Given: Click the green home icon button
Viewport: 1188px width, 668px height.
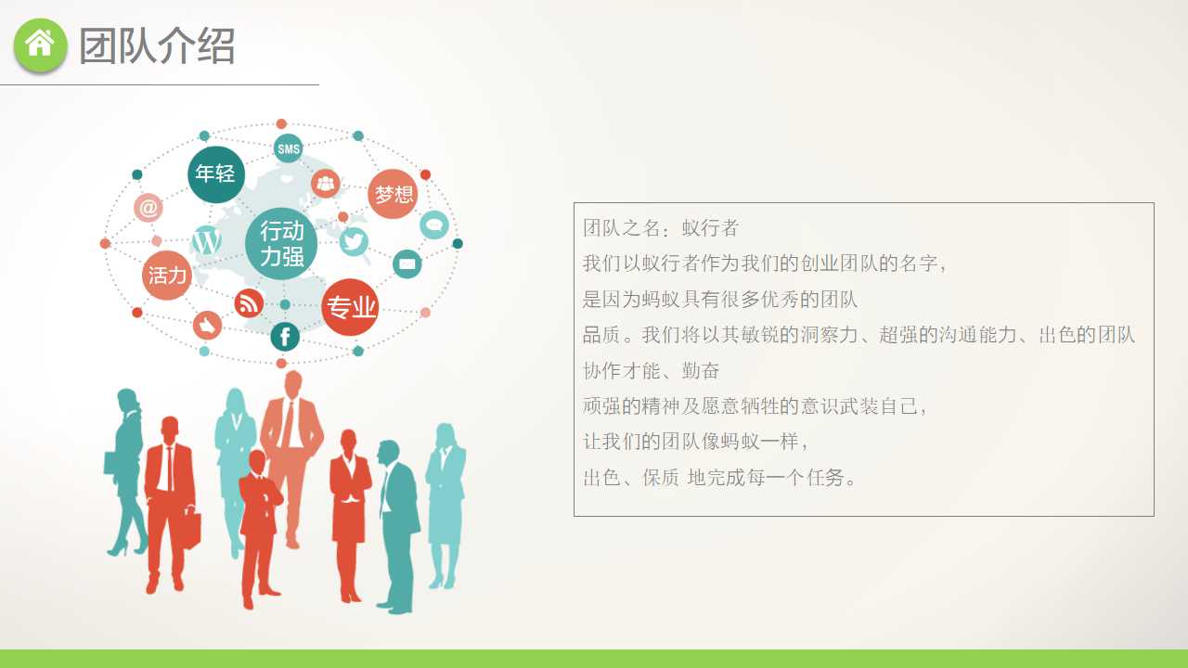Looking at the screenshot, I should pos(41,44).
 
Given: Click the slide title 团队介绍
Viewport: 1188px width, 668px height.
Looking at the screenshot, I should pos(157,45).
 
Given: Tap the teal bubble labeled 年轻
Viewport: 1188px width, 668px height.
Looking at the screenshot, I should pos(215,173).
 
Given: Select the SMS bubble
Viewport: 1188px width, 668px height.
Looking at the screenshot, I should pos(289,148).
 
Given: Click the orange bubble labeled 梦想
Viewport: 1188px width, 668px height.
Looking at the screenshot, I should pos(393,194).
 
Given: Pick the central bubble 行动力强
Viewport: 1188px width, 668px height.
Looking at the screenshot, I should pos(281,243).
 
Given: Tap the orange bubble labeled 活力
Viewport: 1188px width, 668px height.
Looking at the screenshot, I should pos(167,275).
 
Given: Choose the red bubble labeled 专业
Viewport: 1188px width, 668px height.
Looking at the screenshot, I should pos(351,307).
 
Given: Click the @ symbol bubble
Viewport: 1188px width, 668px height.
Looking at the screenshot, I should pos(148,208).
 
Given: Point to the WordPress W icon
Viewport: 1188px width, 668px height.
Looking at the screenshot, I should pos(206,241).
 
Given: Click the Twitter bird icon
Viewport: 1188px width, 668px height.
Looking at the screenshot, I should pos(354,241).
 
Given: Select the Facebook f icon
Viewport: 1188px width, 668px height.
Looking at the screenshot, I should pos(285,337).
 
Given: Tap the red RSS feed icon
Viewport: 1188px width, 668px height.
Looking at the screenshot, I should pos(249,302).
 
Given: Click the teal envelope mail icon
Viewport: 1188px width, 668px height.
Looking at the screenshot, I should pos(407,264).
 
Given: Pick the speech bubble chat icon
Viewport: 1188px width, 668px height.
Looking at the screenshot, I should pos(434,225).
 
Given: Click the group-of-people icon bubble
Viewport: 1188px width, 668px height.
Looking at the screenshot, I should pos(326,184).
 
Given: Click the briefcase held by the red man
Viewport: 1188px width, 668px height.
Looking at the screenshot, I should pos(191,529).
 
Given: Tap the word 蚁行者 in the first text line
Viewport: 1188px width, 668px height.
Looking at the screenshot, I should pos(710,228).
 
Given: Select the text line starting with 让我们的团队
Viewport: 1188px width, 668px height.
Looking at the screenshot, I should pos(696,442).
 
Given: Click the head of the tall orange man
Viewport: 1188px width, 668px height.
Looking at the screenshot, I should pos(293,384).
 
